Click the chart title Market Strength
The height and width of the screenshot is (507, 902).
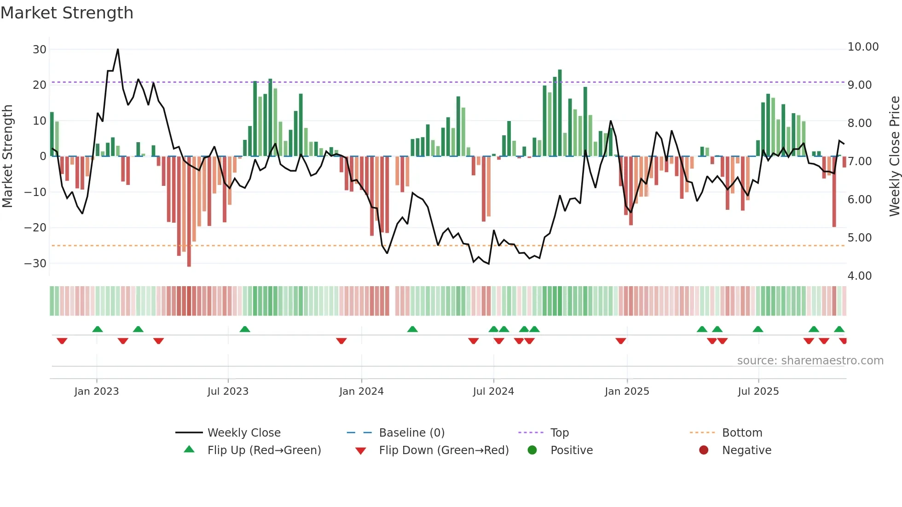pos(67,13)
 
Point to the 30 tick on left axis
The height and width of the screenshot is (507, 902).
pos(40,49)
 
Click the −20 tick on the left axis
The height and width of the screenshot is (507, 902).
pos(35,228)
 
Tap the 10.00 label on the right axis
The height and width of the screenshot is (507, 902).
pos(863,47)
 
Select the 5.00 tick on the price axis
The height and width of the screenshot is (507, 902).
pos(859,238)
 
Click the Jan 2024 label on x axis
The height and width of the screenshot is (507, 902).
pos(361,392)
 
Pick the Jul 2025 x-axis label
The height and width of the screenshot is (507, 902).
pos(758,392)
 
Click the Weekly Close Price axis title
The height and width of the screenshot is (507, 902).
pos(894,156)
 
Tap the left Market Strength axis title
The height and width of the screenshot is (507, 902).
pos(8,156)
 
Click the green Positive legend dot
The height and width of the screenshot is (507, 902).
pos(532,450)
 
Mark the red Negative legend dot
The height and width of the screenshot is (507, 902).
pos(703,450)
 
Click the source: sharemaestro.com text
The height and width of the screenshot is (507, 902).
pos(810,361)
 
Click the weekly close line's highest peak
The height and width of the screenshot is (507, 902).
pos(118,49)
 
